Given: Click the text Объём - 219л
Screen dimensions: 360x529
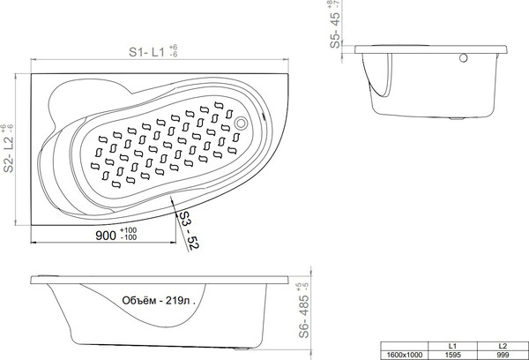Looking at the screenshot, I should pos(155,302).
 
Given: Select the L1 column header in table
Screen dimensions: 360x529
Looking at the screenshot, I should pos(451,345).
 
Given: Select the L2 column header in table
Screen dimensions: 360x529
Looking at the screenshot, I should pos(503,345).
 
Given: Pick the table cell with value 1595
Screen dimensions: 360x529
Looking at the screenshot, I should pos(451,354).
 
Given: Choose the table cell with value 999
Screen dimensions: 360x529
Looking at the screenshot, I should pos(503,354).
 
